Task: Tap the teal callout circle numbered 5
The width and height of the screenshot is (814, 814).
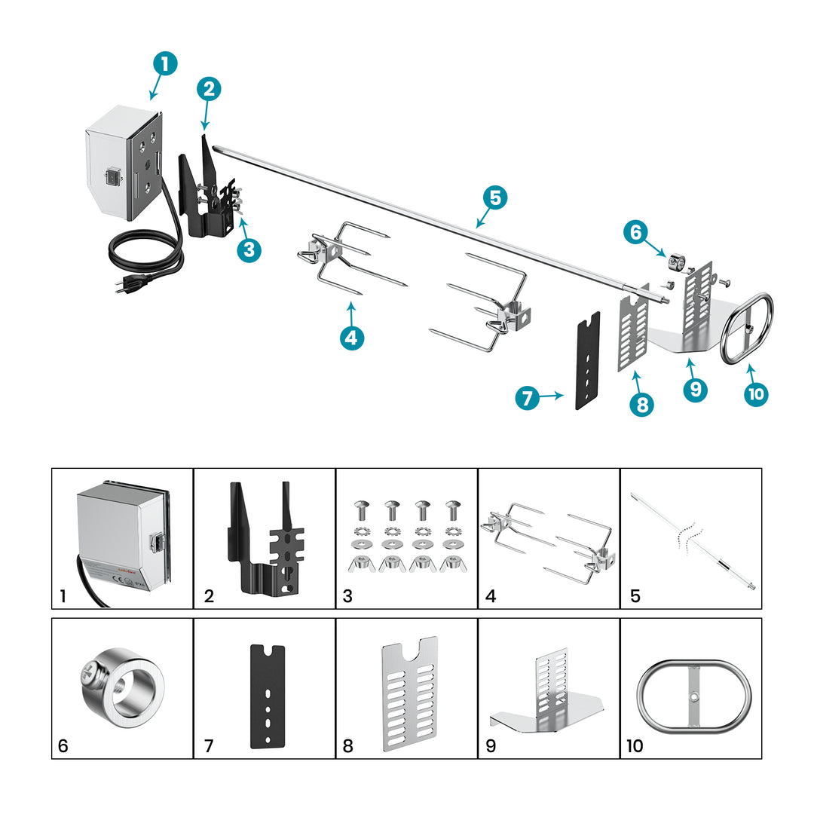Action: tap(494, 198)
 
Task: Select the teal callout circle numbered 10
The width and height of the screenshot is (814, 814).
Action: tap(755, 393)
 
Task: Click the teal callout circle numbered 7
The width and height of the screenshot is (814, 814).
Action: tap(528, 398)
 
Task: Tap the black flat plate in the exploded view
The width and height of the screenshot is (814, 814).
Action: tap(588, 360)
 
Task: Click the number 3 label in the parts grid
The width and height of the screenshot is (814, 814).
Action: tap(347, 596)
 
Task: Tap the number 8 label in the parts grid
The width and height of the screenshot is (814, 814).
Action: tap(347, 746)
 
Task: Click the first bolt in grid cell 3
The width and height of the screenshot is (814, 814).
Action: tap(360, 510)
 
